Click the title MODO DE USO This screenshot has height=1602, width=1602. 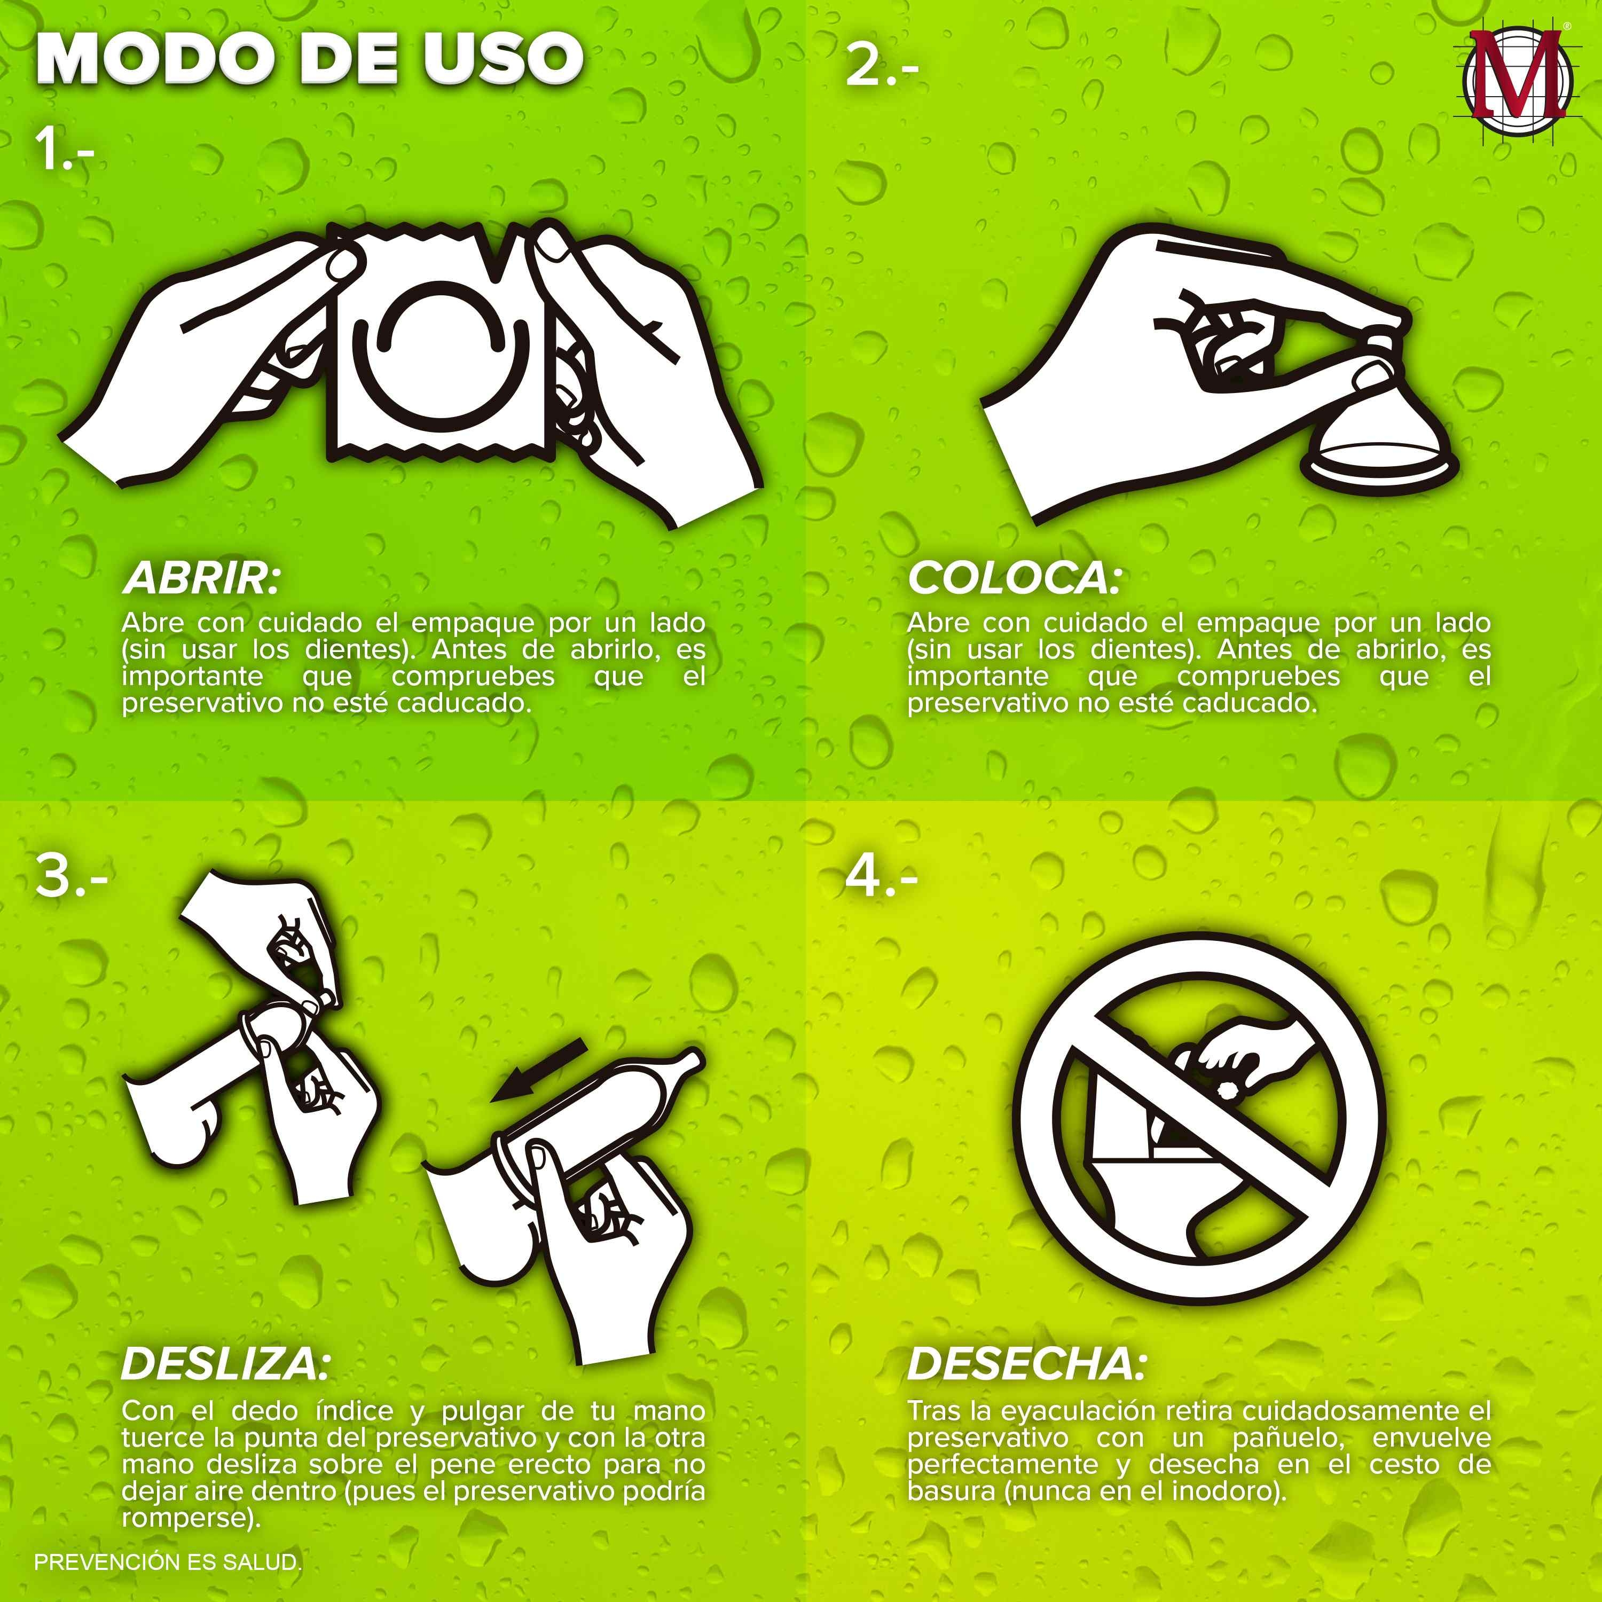point(310,60)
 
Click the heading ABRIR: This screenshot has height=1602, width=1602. point(201,579)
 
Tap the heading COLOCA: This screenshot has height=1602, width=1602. point(1014,579)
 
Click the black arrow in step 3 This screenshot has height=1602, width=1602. point(538,1071)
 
